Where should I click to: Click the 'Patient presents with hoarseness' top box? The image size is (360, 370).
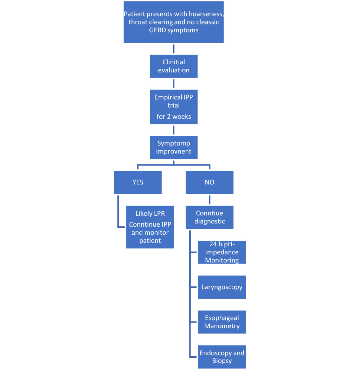(x=174, y=22)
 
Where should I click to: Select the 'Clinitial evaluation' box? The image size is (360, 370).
(x=174, y=66)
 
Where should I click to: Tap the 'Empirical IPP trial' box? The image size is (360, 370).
(x=174, y=107)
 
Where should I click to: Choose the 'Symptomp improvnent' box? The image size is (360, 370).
(x=174, y=148)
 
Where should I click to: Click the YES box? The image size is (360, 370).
(x=138, y=182)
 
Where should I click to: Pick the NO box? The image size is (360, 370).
(x=210, y=182)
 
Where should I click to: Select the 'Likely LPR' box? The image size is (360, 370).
(x=150, y=227)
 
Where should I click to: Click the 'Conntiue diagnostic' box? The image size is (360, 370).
(x=210, y=218)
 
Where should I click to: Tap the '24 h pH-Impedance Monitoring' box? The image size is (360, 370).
(x=221, y=252)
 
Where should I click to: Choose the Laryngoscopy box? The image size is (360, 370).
(x=221, y=287)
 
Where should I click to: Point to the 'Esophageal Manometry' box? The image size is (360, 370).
(x=221, y=322)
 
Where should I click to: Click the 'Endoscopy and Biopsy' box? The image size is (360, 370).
(x=221, y=357)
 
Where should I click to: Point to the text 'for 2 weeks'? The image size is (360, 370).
(x=174, y=116)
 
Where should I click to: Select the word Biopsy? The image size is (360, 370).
(x=222, y=361)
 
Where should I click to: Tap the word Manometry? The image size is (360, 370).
(x=222, y=326)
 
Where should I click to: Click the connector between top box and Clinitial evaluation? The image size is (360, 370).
(x=174, y=49)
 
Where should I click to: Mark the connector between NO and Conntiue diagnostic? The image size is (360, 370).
(x=210, y=200)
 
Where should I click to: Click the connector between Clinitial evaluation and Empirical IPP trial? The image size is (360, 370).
(x=174, y=84)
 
